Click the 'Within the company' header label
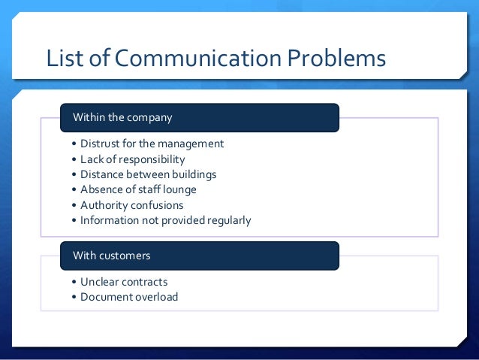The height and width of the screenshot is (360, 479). click(x=122, y=118)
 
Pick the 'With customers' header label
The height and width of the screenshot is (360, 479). click(x=111, y=256)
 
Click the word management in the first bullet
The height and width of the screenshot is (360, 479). click(x=191, y=144)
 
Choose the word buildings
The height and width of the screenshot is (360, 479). click(x=191, y=174)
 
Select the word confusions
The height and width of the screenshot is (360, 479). click(x=158, y=205)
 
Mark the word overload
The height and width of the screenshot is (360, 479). click(x=156, y=297)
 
